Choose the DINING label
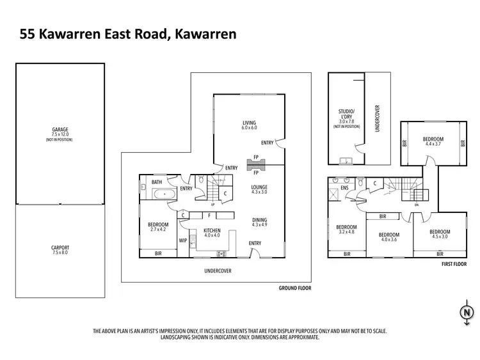coord(259,221)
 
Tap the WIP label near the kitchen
coord(183,240)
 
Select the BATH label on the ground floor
coord(157,182)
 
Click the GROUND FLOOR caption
coord(294,288)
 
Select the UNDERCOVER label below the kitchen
coord(218,271)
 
